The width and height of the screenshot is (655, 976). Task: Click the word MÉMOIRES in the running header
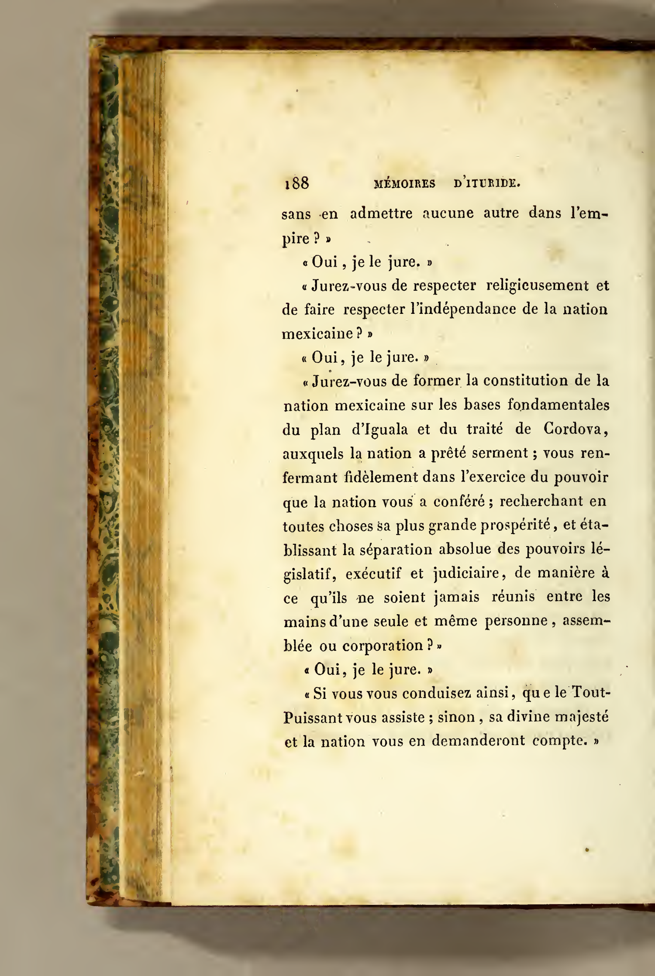coord(405,184)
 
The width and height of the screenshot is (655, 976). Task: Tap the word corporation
coord(383,645)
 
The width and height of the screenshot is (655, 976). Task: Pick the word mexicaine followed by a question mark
coord(317,334)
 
